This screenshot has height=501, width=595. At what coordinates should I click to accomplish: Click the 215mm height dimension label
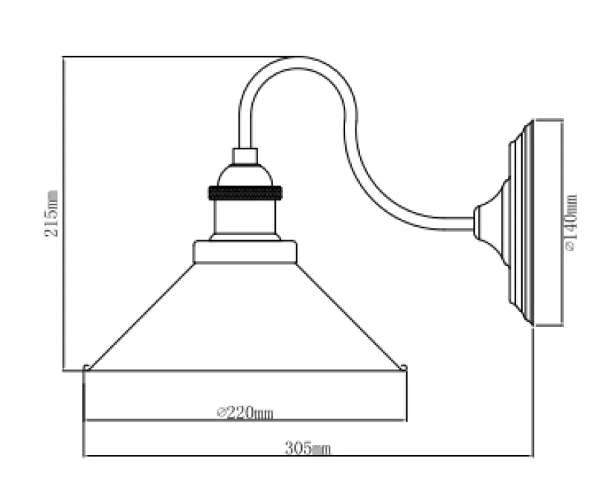[x=52, y=213]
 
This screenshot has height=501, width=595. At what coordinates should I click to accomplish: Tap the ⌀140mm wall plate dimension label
[x=571, y=222]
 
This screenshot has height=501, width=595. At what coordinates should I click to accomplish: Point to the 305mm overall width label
[x=307, y=447]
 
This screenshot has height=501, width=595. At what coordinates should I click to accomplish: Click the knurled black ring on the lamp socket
[x=245, y=191]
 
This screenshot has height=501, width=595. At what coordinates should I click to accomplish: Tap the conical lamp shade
[x=245, y=320]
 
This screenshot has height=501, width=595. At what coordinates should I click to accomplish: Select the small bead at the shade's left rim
[x=88, y=367]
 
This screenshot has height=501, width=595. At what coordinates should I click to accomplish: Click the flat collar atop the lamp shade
[x=245, y=253]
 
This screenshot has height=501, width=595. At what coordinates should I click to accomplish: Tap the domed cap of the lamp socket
[x=245, y=175]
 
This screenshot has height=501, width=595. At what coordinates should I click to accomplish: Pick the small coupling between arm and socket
[x=245, y=156]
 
